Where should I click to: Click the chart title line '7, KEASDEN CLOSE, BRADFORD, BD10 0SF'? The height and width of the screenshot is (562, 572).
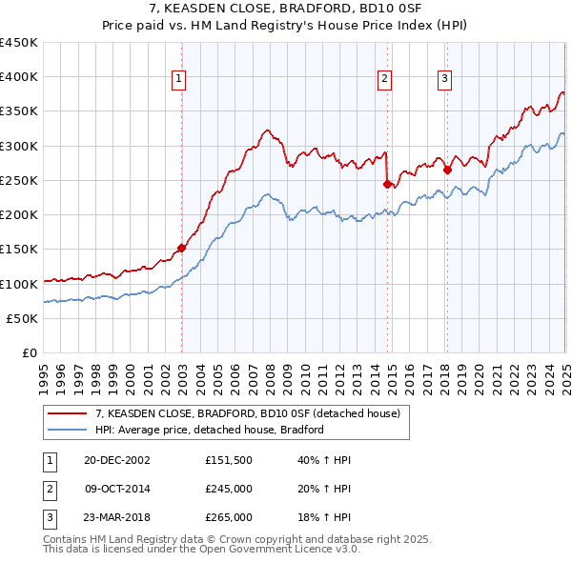click(286, 11)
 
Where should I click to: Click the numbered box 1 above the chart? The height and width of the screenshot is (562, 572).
click(179, 79)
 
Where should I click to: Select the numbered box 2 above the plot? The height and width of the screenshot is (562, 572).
click(384, 79)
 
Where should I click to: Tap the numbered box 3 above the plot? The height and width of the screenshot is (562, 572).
click(445, 79)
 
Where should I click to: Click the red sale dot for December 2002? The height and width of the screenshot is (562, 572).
click(181, 249)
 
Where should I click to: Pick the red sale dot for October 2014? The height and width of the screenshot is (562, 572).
click(387, 184)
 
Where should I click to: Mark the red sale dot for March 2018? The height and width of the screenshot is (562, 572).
click(447, 171)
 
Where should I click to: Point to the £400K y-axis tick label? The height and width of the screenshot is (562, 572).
click(19, 77)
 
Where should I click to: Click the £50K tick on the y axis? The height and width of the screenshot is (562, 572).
click(23, 318)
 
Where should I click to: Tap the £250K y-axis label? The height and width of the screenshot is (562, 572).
click(19, 180)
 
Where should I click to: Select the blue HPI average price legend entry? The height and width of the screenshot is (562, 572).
click(210, 430)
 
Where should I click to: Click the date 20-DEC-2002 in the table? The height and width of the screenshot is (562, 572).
click(117, 460)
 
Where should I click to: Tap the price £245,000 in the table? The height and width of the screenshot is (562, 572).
click(229, 489)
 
